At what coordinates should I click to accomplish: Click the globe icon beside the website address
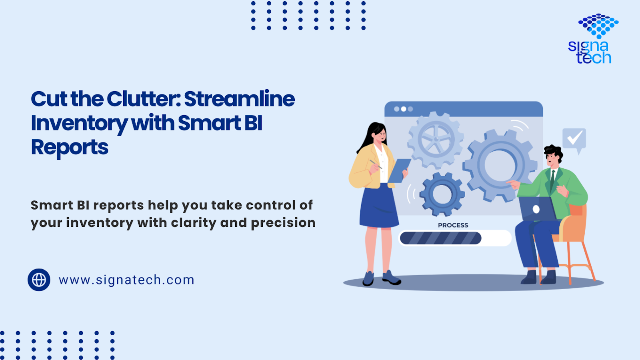point(39,280)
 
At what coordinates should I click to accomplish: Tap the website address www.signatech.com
point(126,280)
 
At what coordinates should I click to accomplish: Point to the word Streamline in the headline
point(240,99)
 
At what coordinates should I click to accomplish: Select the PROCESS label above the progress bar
point(453,225)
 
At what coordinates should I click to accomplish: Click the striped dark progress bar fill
point(440,238)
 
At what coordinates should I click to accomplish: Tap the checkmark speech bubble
point(574,140)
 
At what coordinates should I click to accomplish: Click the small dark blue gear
point(442,194)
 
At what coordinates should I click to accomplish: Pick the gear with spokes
point(436,140)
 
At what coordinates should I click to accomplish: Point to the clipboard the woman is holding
point(399,170)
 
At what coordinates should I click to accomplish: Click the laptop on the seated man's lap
point(537,209)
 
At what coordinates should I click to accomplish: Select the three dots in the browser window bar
point(404,109)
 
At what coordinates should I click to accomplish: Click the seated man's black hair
point(554,152)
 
